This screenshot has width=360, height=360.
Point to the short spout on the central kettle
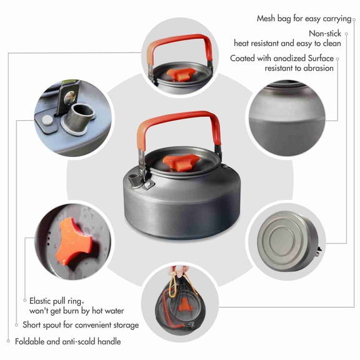[134, 181]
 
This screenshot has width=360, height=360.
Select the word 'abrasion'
[317, 68]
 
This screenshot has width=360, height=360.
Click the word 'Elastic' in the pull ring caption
[42, 301]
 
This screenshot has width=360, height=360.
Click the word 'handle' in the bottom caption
[106, 341]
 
